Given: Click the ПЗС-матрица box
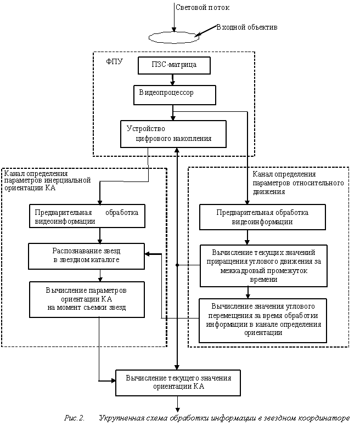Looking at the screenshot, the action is click(174, 65).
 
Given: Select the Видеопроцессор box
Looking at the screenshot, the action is click(175, 95).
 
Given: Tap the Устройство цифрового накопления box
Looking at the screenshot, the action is click(173, 134).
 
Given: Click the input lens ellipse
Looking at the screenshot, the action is click(174, 38).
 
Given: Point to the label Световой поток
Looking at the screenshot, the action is click(203, 8).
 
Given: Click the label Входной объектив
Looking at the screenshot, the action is click(247, 27).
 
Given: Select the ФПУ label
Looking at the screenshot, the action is click(114, 62).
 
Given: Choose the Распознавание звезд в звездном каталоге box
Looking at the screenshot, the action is click(86, 256).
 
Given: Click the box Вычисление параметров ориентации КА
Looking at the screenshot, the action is click(87, 299).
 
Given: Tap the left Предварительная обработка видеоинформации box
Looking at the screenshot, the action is click(87, 216).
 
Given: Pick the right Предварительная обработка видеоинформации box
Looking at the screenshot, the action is click(262, 217).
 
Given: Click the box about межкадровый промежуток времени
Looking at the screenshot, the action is click(263, 266).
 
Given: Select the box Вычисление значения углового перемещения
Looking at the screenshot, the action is click(263, 320).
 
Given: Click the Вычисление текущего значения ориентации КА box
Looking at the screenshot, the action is click(178, 383).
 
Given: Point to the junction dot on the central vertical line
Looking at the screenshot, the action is click(177, 265).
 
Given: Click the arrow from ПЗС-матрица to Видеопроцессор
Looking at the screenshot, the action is click(173, 79).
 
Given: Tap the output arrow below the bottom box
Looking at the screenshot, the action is click(178, 404).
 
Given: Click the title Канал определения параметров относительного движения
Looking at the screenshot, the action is click(298, 183).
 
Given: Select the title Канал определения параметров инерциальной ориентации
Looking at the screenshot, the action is click(47, 181).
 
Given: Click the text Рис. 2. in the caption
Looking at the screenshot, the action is click(74, 418).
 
